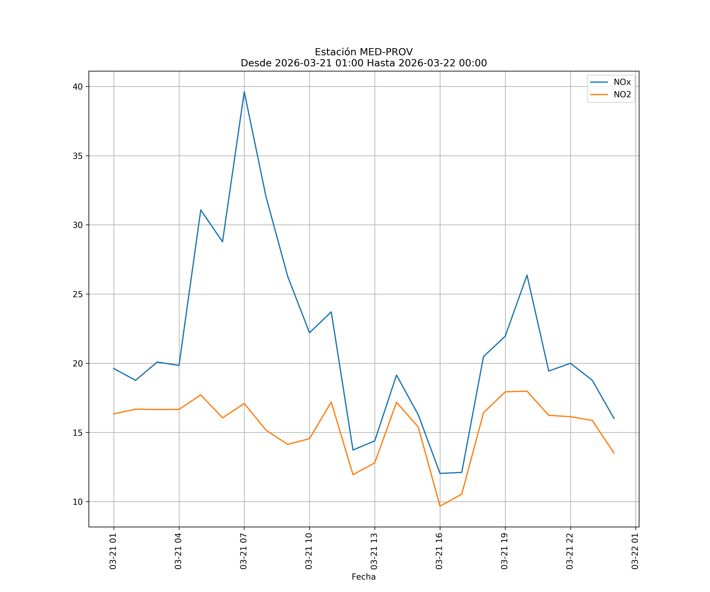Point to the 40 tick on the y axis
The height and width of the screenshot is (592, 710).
pos(78,87)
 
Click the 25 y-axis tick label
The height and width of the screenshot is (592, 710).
pos(78,294)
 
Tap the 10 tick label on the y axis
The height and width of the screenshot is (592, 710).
pos(78,502)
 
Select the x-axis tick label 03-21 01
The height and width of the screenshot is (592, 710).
pos(113,551)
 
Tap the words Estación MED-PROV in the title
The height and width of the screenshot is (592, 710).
pos(363,52)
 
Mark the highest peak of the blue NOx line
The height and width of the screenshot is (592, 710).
pos(244,92)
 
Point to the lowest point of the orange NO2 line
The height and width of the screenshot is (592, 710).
pos(440,506)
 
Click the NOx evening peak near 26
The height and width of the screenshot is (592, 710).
pos(527,275)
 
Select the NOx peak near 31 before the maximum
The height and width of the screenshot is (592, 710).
pos(201,210)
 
